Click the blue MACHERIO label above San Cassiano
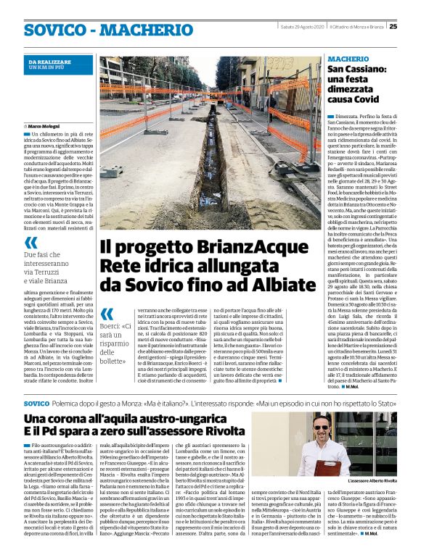tap(348, 58)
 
